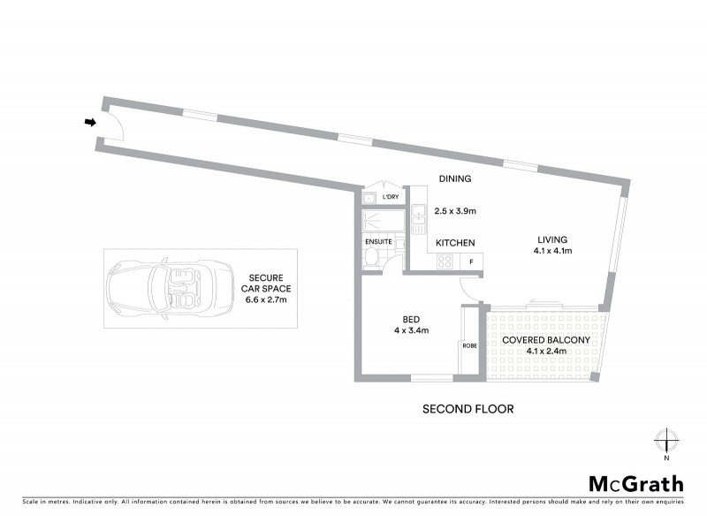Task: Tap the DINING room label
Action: (x=455, y=178)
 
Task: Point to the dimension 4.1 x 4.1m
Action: (x=553, y=251)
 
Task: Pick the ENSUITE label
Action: (x=377, y=241)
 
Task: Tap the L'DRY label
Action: (x=390, y=197)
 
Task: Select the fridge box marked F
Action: (x=471, y=261)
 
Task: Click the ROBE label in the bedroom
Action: (x=468, y=345)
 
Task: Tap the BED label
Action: (x=411, y=319)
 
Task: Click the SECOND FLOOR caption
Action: (x=468, y=409)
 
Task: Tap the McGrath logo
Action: (x=636, y=483)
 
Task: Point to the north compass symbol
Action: (x=666, y=440)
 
